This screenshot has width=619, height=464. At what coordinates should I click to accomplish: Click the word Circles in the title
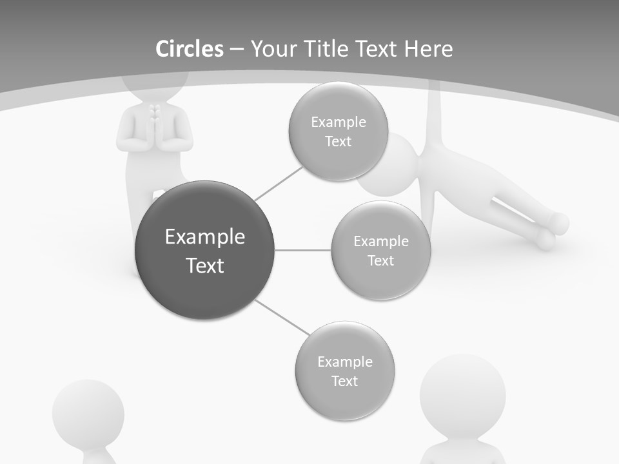tap(189, 49)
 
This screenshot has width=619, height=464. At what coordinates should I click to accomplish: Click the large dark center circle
tap(205, 250)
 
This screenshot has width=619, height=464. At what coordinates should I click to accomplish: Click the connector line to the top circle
tap(279, 182)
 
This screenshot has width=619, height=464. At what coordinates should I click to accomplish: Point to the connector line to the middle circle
tap(303, 250)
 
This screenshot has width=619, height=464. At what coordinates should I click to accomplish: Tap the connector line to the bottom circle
tap(282, 317)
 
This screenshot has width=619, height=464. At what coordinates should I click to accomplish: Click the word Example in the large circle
tap(205, 237)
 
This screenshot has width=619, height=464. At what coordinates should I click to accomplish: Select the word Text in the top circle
tap(338, 141)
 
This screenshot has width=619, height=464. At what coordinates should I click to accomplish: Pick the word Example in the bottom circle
tap(344, 362)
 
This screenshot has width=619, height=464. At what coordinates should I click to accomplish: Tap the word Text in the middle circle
tap(380, 260)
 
